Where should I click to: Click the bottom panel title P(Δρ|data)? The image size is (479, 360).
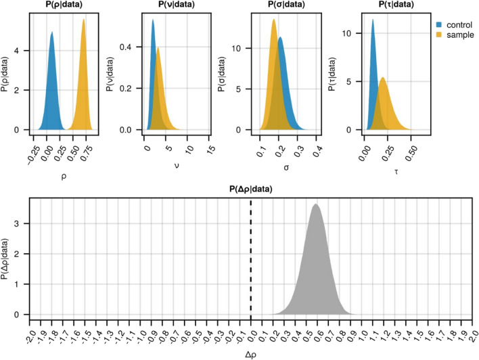coord(251,190)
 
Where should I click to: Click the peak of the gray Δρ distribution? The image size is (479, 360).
coord(315,204)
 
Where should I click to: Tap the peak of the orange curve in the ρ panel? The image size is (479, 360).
coord(83,20)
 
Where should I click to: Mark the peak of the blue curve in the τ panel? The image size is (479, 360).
coord(372,20)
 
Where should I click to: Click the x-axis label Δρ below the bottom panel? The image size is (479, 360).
coord(251,352)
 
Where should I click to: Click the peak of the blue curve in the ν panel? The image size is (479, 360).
coord(153,20)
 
